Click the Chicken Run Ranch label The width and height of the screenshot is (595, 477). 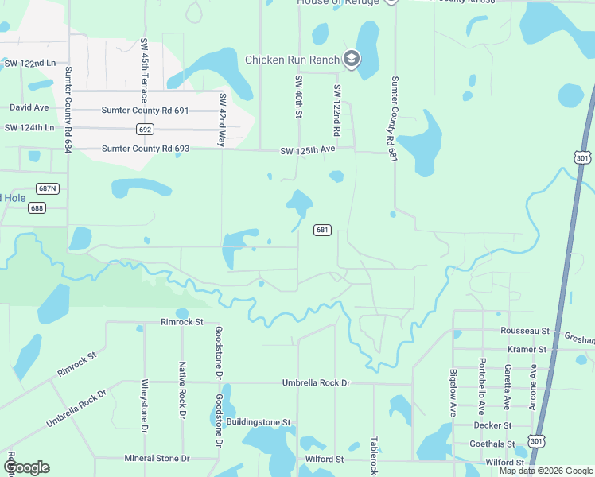coord(292,60)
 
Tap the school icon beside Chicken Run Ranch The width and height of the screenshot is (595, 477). coord(352,59)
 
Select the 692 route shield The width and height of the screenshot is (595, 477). coord(144,129)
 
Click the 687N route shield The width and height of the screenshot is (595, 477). coord(48,188)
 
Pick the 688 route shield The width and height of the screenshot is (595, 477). coord(37,207)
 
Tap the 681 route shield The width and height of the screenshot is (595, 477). coord(322,230)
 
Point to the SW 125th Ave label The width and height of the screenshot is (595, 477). coord(307,150)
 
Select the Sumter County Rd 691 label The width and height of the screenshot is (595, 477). coord(146,111)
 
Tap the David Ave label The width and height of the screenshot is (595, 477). coord(29,107)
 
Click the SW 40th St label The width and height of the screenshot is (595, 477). coord(299,98)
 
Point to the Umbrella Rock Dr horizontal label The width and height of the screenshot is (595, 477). coord(316,383)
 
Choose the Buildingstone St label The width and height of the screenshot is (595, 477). coord(259,422)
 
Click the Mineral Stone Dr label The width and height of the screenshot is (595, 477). coord(157,458)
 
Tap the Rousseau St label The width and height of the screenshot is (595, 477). coord(525,330)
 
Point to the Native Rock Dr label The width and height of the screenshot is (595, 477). coord(182,391)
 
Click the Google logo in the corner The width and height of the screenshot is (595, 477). coord(27,467)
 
